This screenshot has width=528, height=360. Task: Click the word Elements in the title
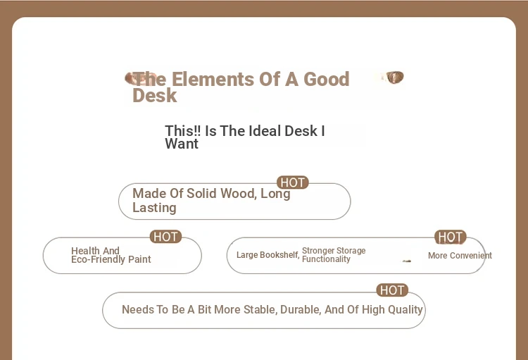tap(213, 79)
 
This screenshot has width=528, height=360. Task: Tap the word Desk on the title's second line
tap(155, 95)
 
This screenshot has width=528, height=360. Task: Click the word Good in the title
tap(326, 79)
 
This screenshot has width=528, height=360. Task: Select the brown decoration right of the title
tap(395, 77)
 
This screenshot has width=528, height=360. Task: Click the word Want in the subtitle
tap(182, 144)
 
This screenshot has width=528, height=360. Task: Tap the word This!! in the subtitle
tap(183, 131)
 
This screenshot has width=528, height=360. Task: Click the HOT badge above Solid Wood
tap(292, 182)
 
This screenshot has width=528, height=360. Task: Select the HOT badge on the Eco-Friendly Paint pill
tap(165, 237)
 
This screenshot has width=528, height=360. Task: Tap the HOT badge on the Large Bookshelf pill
tap(451, 237)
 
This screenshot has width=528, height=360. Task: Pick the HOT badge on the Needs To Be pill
tap(392, 290)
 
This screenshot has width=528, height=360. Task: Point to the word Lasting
tap(154, 208)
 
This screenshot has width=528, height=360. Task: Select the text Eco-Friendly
tap(99, 259)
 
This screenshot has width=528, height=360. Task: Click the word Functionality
tap(326, 259)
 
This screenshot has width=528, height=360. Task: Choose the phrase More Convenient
tap(460, 256)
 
